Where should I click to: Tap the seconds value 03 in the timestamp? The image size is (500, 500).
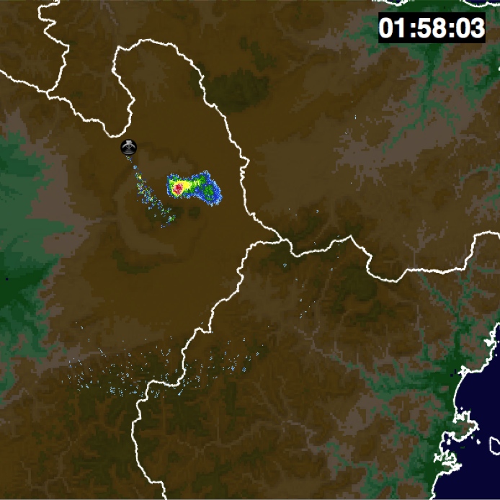tap(468, 28)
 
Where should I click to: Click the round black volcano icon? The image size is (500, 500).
tap(128, 147)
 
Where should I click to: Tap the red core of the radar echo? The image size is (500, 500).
tap(177, 189)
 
